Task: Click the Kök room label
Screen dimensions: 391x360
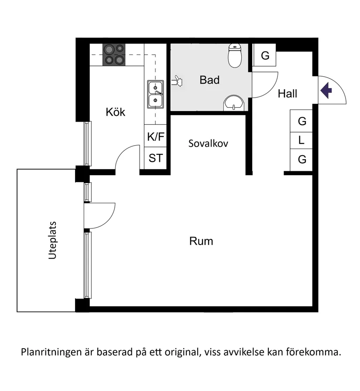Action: tap(115, 112)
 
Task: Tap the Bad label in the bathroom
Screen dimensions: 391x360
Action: tap(209, 80)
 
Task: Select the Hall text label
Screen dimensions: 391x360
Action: tap(288, 94)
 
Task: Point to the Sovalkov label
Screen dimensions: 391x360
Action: tap(208, 143)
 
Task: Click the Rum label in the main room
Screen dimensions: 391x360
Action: tap(201, 241)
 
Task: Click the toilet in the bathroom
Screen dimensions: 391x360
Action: tap(235, 57)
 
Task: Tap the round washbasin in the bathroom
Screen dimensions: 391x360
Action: tap(234, 104)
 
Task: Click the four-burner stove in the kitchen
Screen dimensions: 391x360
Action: tap(113, 55)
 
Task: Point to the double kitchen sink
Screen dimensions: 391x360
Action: tap(155, 95)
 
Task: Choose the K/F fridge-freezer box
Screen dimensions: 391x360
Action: tap(156, 137)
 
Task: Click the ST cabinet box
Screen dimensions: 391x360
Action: tap(156, 158)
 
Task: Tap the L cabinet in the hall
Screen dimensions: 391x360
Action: tap(302, 141)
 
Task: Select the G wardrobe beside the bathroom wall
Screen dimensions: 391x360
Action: tap(265, 56)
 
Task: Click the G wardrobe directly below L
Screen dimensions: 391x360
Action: tap(302, 160)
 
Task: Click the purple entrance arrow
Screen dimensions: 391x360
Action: tap(326, 90)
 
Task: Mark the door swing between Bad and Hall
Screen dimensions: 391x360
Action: tap(264, 85)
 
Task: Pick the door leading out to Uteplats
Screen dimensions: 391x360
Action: tap(99, 215)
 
